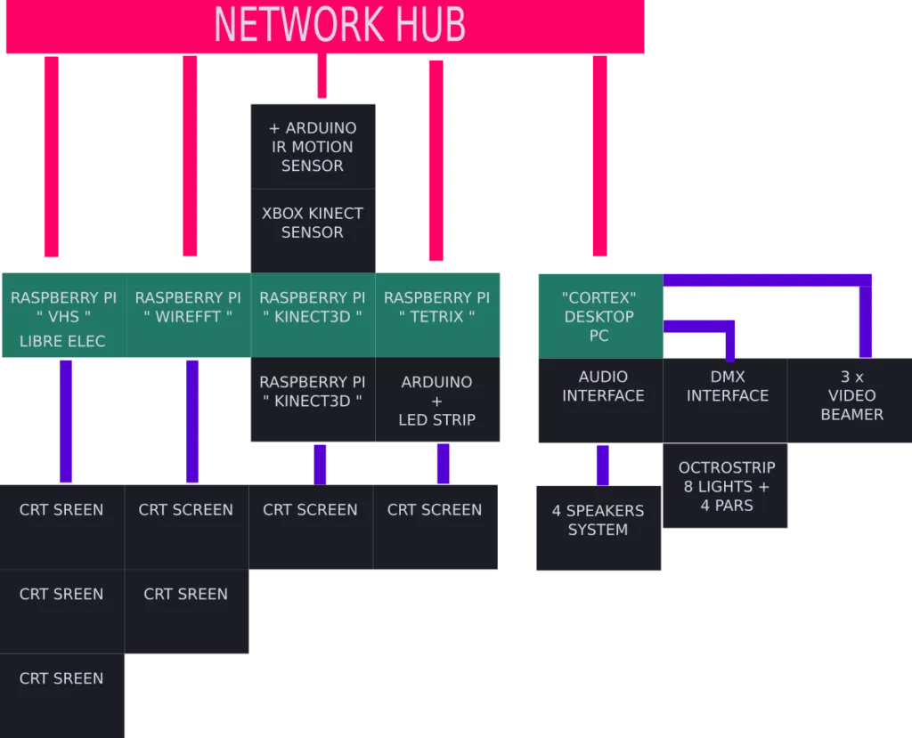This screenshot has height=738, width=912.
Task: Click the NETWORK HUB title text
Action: tap(339, 25)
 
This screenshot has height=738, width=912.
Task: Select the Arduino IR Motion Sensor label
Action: tap(312, 147)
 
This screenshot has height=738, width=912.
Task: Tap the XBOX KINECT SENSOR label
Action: tap(312, 223)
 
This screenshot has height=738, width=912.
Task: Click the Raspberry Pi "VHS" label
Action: tap(63, 307)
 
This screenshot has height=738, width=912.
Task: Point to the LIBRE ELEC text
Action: tap(62, 341)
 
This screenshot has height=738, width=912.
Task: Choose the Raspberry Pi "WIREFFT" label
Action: tap(188, 307)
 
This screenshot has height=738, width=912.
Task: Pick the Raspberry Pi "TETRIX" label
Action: tap(436, 307)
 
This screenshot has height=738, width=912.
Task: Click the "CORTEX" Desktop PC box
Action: tap(599, 316)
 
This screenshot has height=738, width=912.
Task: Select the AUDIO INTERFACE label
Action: tap(603, 386)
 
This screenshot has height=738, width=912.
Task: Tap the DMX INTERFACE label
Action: tap(728, 386)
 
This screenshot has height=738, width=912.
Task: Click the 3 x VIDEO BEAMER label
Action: tap(851, 395)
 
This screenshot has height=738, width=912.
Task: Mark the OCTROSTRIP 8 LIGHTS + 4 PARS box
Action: tap(727, 486)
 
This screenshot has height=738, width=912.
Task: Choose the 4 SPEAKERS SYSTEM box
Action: tap(598, 521)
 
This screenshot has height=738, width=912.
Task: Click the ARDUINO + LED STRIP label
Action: tap(436, 401)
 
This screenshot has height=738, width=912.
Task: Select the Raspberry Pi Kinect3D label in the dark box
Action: tap(312, 392)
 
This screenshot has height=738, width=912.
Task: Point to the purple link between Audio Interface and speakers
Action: tap(603, 464)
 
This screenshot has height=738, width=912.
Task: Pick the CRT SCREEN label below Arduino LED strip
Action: tap(435, 510)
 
